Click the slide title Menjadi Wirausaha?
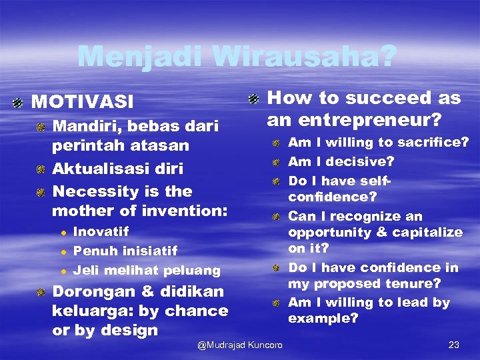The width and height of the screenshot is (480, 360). pyautogui.click(x=237, y=57)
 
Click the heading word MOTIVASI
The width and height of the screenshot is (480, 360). pyautogui.click(x=83, y=102)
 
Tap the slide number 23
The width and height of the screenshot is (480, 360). pyautogui.click(x=454, y=345)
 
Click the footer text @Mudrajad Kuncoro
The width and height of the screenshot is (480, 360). pyautogui.click(x=240, y=345)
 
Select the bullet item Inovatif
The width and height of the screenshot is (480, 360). pyautogui.click(x=101, y=232)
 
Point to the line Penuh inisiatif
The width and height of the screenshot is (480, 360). pyautogui.click(x=125, y=251)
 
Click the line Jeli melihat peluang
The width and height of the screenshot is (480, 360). pyautogui.click(x=146, y=271)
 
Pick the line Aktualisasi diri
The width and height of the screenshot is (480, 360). pyautogui.click(x=118, y=168)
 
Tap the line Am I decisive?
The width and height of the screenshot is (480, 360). pyautogui.click(x=341, y=161)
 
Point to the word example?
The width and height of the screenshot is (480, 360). pyautogui.click(x=323, y=319)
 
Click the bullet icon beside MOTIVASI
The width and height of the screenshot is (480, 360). pyautogui.click(x=18, y=103)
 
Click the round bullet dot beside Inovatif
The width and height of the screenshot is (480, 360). pyautogui.click(x=63, y=233)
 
